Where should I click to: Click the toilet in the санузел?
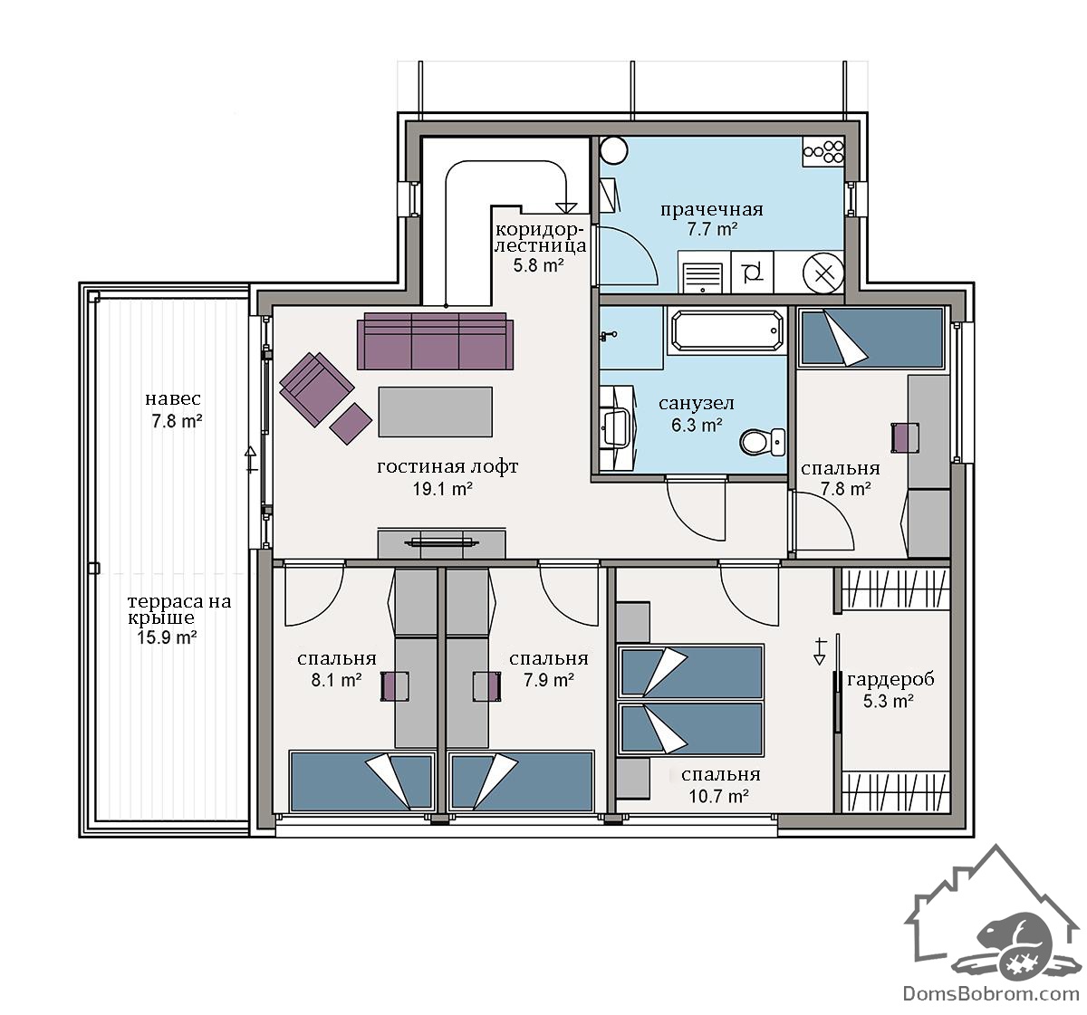pos(762,441)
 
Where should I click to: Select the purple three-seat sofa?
pos(435,341)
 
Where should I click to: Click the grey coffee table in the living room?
pos(435,411)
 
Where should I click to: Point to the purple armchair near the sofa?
pos(316,388)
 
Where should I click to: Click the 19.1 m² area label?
pos(442,489)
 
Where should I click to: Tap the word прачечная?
pos(711,209)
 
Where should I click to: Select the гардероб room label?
pos(890,679)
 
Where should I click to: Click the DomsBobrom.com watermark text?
pos(991,993)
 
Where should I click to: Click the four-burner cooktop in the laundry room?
pos(823,151)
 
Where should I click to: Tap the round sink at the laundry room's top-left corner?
pos(613,150)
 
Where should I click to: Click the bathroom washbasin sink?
pos(618,426)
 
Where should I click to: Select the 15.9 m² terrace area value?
pos(167,637)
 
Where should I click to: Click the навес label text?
pos(173,399)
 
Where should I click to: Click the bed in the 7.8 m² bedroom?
pos(871,337)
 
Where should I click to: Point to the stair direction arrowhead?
pos(566,208)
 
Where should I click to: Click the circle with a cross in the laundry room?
pos(823,273)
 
